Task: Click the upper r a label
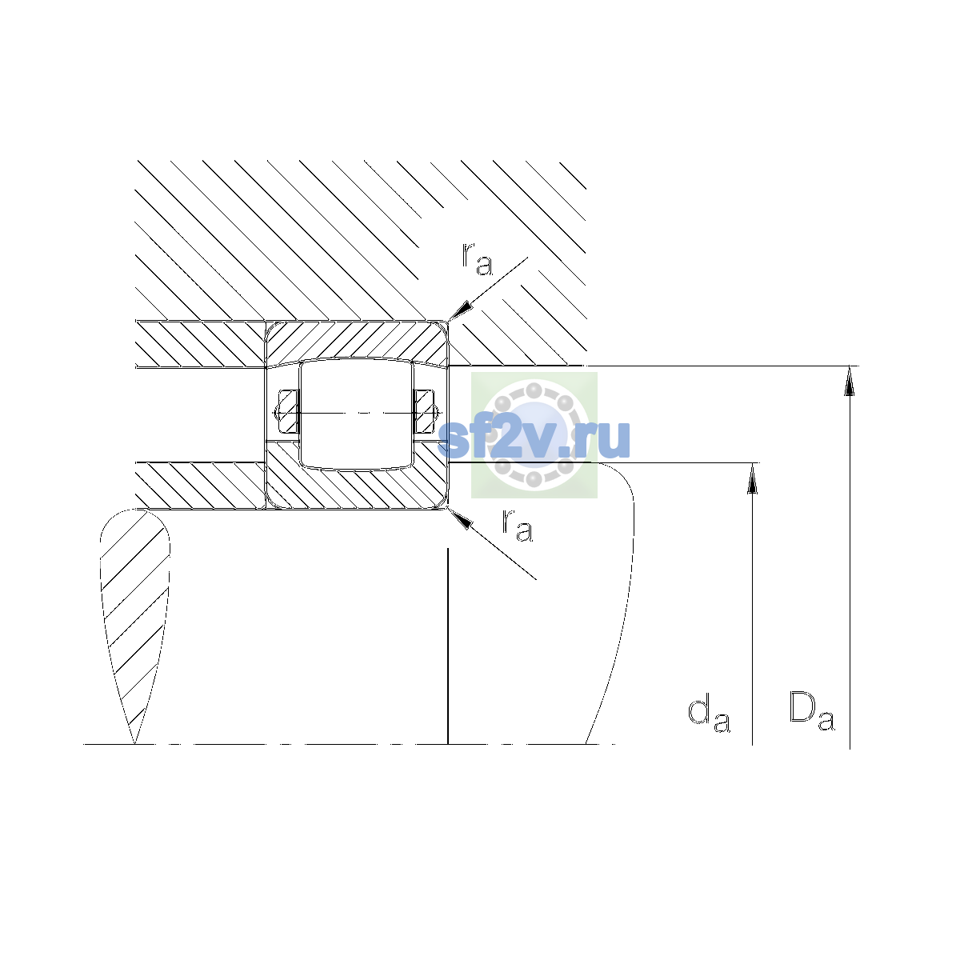pyautogui.click(x=478, y=259)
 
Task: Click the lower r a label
pyautogui.click(x=518, y=526)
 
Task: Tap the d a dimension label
pyautogui.click(x=709, y=714)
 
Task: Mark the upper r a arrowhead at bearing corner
pyautogui.click(x=459, y=310)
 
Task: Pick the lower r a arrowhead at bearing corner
pyautogui.click(x=459, y=518)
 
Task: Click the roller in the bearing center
pyautogui.click(x=356, y=414)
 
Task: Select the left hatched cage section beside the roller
pyautogui.click(x=288, y=411)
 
